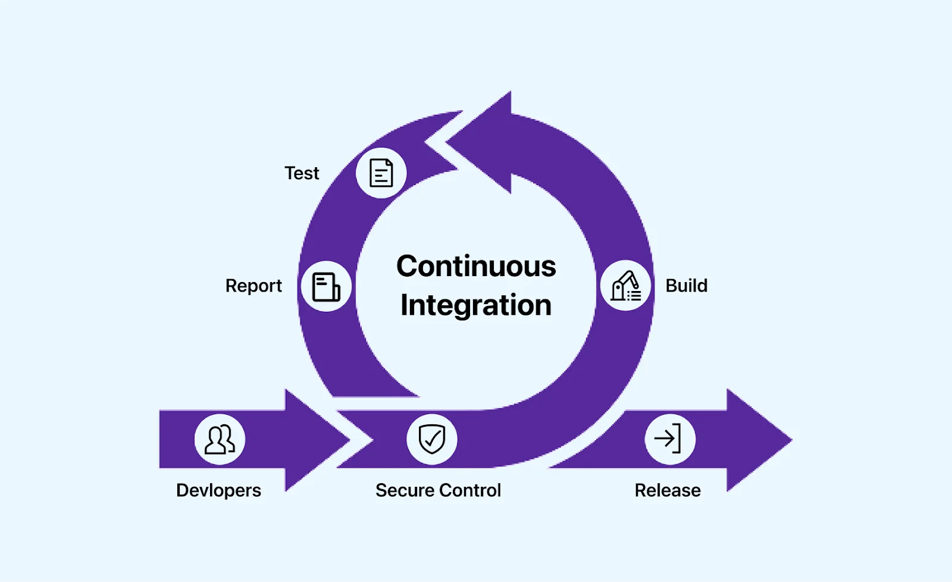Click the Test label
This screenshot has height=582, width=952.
302,173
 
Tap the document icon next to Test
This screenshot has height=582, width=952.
381,173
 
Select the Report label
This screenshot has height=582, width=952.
253,286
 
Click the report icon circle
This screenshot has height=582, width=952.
326,286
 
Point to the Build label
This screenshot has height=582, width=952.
687,286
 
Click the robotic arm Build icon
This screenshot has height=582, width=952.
626,286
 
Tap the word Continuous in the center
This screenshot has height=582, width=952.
476,266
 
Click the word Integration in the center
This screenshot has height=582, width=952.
476,305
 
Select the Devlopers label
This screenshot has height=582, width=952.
218,490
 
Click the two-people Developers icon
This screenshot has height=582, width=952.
220,440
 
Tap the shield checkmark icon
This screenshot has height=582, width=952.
432,440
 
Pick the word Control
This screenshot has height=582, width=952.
470,490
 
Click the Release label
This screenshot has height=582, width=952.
668,490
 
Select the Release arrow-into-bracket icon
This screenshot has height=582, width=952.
670,440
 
